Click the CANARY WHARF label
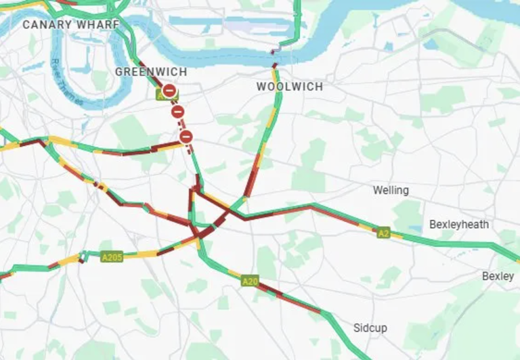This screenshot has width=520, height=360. point(66,24)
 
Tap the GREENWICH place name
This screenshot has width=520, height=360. point(150,72)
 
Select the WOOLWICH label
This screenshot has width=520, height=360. point(289,87)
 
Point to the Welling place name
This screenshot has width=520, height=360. point(391,190)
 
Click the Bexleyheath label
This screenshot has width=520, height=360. point(458,224)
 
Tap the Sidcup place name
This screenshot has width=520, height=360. point(370,328)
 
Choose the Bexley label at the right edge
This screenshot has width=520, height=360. point(498,276)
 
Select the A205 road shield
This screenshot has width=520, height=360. point(112,257)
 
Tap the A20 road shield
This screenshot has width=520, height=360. point(250,281)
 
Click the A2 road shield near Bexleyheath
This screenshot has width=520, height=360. point(383,232)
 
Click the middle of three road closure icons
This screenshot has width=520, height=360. point(177,112)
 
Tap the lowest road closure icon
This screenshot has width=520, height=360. point(186,137)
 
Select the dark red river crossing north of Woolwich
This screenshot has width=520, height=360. point(274,52)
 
